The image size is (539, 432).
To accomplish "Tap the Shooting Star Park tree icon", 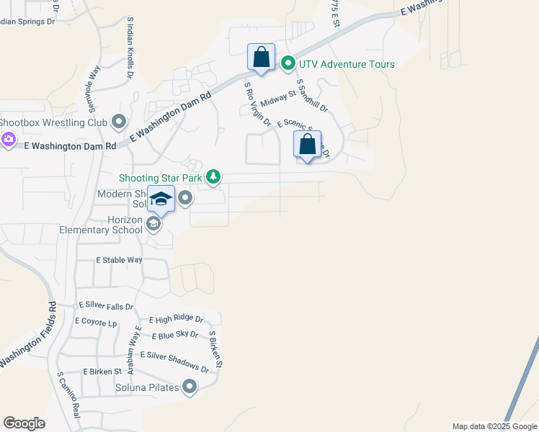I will coord(213,176).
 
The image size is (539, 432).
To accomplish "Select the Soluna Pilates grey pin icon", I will coord(190,387).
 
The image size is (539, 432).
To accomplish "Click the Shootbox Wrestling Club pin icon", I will coord(119,122).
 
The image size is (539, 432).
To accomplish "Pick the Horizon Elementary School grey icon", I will coord(153,225).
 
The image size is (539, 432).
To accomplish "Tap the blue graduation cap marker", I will coord(161,199).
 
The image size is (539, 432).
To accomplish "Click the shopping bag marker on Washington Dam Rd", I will coord(261,58).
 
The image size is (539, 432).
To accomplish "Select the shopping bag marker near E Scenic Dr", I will coord(307,144).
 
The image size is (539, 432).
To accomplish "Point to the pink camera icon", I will coord(9,139).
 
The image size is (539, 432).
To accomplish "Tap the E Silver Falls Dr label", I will coord(106,306).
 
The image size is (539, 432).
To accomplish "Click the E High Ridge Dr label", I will coord(176,319).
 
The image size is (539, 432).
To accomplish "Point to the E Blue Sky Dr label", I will coord(175,335).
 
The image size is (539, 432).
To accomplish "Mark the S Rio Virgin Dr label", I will coord(257,105).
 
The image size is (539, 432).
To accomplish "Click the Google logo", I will coord(24,423).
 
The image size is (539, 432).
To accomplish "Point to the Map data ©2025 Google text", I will coord(494,426).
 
